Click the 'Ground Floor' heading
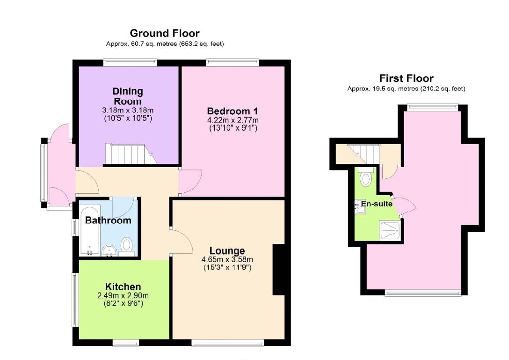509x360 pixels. click(x=164, y=33)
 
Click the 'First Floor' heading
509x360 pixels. click(x=406, y=78)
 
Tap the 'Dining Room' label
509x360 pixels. click(x=128, y=96)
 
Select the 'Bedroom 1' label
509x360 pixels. click(x=233, y=111)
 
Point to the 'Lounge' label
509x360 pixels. click(x=227, y=250)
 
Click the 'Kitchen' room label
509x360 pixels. click(x=123, y=287)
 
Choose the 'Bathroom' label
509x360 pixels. click(x=108, y=220)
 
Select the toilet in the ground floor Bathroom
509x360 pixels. click(x=127, y=246)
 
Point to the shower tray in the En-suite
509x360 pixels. click(x=391, y=230)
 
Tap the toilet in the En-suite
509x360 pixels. click(x=366, y=177)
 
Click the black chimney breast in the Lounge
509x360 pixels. click(x=278, y=270)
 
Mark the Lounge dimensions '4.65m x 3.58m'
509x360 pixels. click(x=227, y=259)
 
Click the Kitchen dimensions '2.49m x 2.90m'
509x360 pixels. click(x=123, y=295)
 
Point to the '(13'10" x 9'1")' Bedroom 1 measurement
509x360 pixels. click(x=233, y=127)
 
